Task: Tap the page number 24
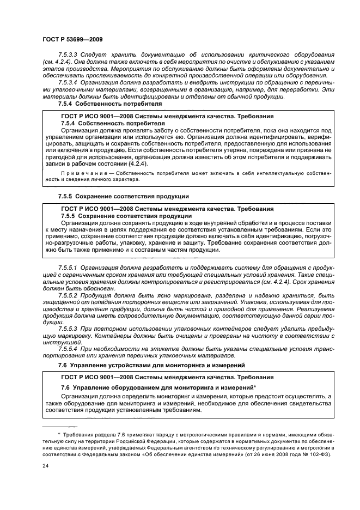click(x=46, y=465)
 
